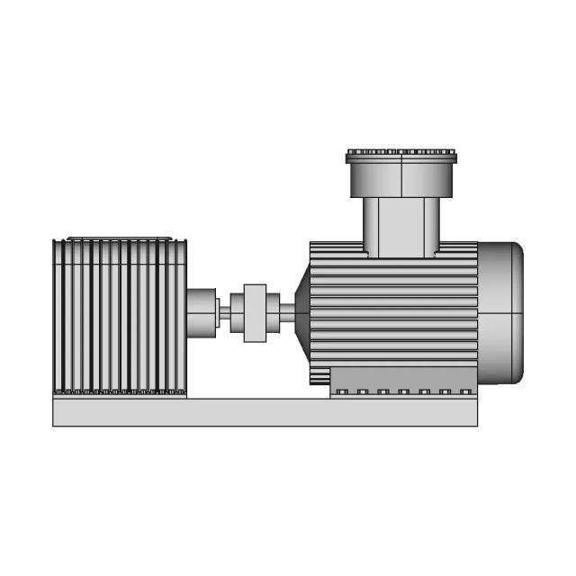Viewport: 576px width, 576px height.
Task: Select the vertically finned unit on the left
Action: pyautogui.click(x=119, y=315)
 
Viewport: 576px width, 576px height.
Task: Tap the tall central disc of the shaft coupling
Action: pyautogui.click(x=256, y=313)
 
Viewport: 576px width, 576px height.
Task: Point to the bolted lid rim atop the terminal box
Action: pyautogui.click(x=401, y=157)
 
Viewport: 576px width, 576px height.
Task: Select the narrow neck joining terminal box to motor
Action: pyautogui.click(x=401, y=227)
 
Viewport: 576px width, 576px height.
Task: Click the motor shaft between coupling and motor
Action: pyautogui.click(x=286, y=313)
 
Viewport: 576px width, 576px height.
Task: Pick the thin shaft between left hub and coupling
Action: pyautogui.click(x=224, y=313)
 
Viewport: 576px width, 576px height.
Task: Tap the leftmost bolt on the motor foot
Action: pyautogui.click(x=342, y=391)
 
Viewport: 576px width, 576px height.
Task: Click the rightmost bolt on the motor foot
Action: pyautogui.click(x=464, y=391)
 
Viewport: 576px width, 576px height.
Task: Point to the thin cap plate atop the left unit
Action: pyautogui.click(x=119, y=238)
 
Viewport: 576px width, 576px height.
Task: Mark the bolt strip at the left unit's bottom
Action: pyautogui.click(x=119, y=392)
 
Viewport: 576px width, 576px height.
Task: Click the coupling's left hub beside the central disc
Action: pyautogui.click(x=238, y=313)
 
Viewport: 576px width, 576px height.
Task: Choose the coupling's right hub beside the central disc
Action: pyautogui.click(x=272, y=313)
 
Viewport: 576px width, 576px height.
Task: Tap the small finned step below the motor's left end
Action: pyautogui.click(x=319, y=374)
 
